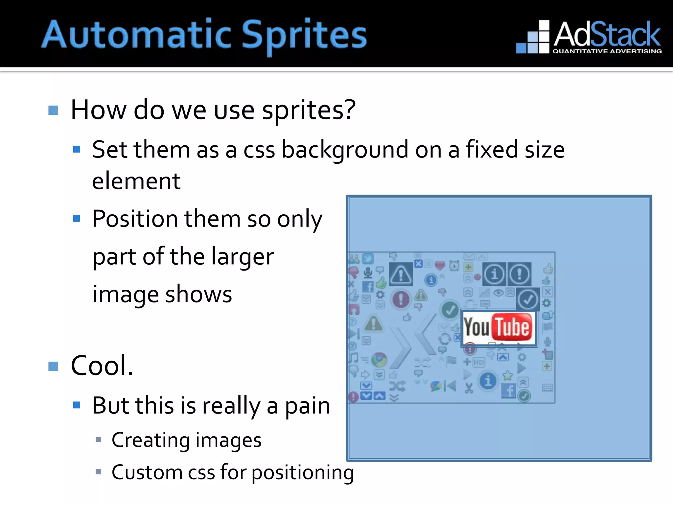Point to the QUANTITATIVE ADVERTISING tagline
coord(607,51)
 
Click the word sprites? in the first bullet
coord(309,110)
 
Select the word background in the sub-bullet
coord(345,150)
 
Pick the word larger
coord(242,256)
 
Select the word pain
coord(307,406)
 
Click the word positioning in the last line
coord(303,473)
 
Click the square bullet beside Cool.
coord(53,366)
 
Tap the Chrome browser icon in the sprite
coord(379,360)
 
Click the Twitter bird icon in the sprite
coord(368,259)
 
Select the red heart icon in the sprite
coord(440,265)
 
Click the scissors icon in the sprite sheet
coord(469,388)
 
